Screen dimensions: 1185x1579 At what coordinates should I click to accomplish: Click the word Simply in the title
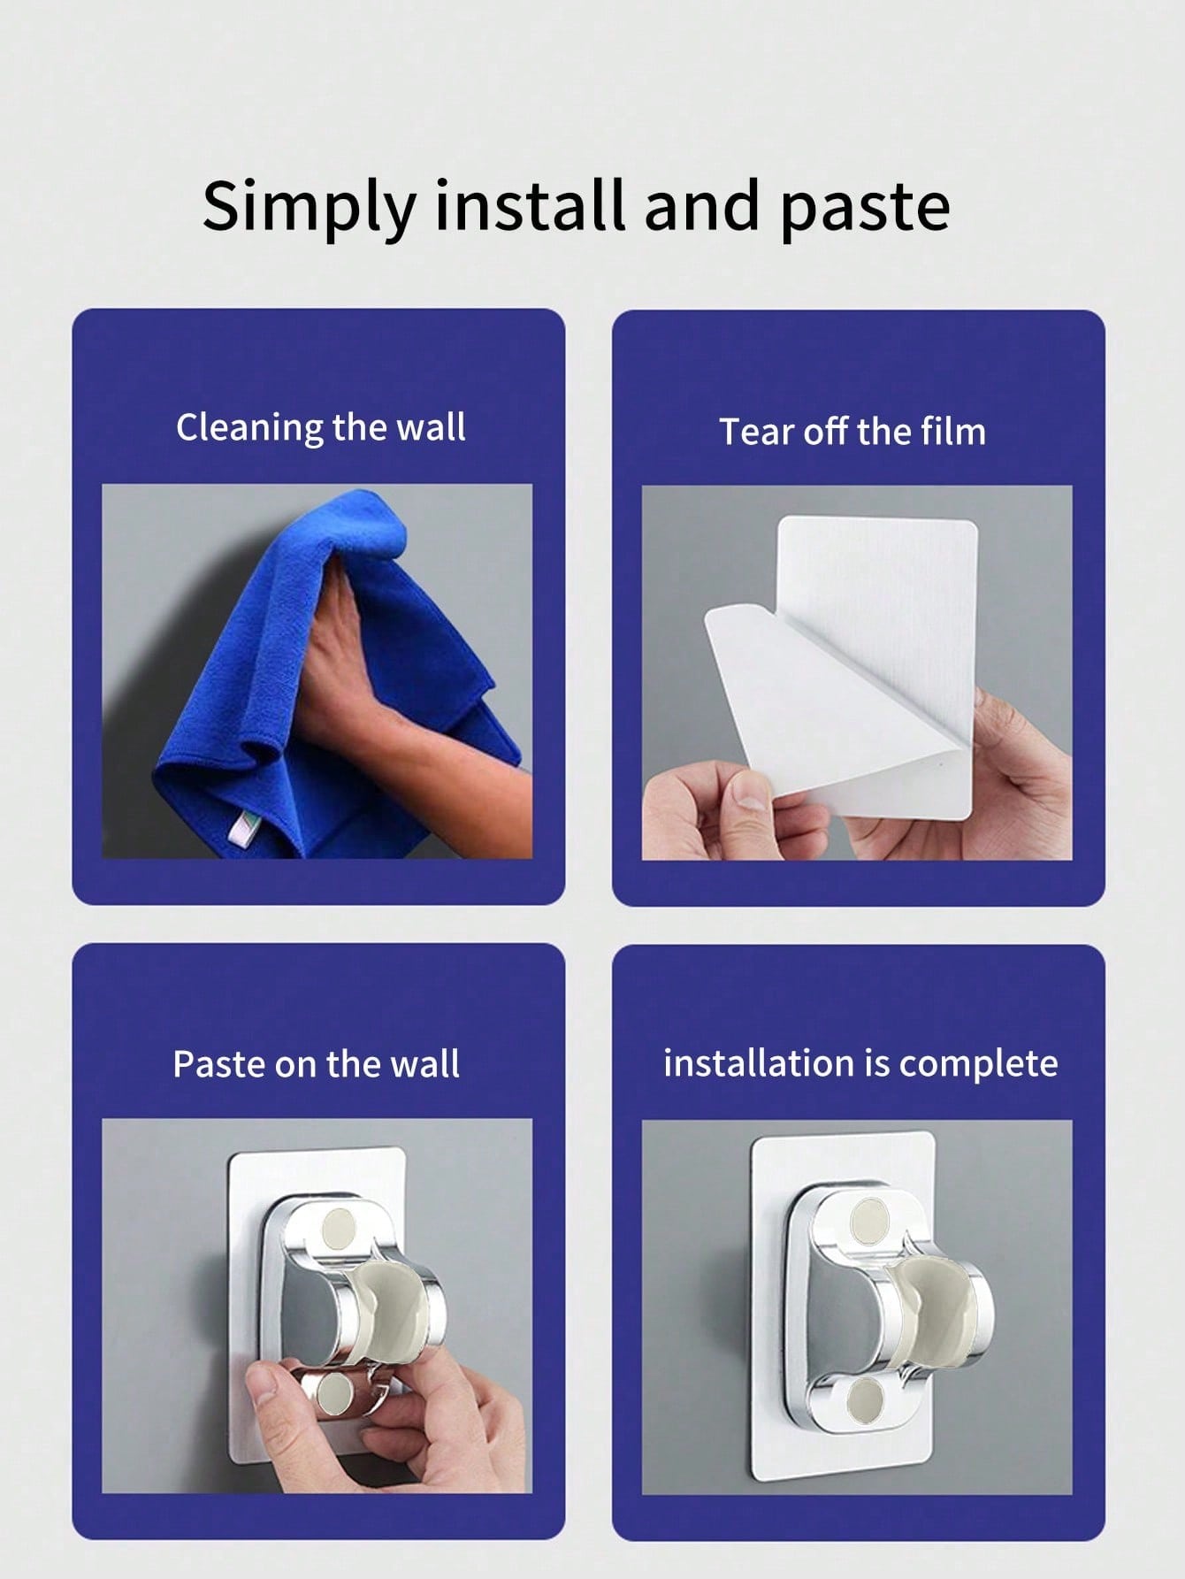pos(309,207)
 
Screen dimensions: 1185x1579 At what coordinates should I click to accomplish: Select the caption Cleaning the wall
pos(320,426)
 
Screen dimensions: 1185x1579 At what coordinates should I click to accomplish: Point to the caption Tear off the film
pos(852,432)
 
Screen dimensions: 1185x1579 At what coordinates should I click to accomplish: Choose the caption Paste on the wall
pos(316,1063)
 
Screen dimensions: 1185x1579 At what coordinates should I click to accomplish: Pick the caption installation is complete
pos(860,1063)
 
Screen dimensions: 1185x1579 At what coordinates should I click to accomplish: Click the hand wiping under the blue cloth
pos(389,672)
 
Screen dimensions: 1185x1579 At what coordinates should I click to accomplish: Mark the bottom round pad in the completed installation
pos(864,1400)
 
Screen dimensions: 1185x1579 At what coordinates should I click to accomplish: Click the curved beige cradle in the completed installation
pos(929,1309)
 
